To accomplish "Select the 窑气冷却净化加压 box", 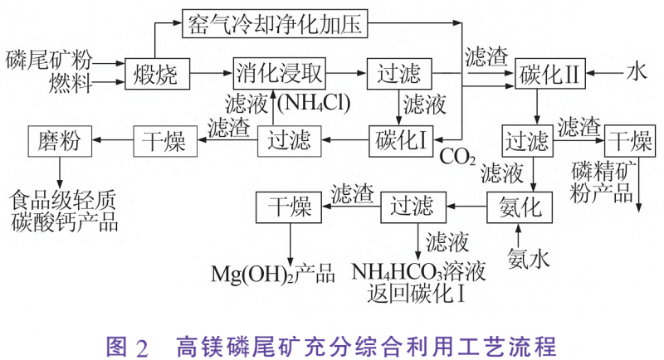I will pyautogui.click(x=274, y=23).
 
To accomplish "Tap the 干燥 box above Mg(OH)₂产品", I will pyautogui.click(x=288, y=204).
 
